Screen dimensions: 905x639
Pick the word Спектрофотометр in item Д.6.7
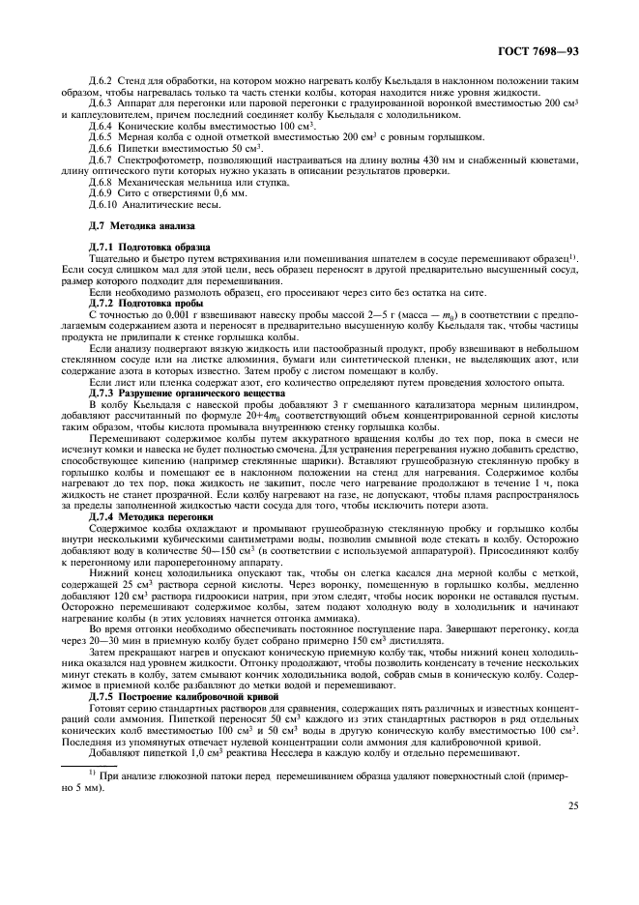pos(158,159)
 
